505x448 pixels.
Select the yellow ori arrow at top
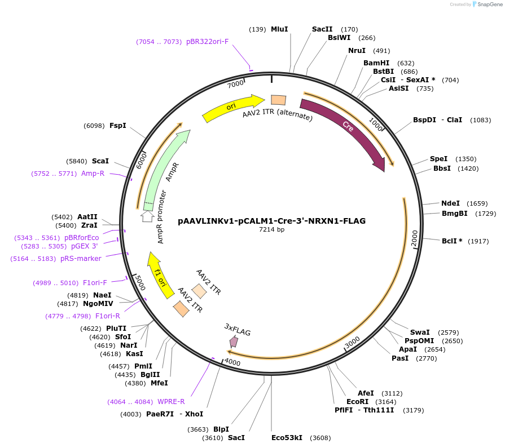(231, 108)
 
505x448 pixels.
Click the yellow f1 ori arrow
(158, 272)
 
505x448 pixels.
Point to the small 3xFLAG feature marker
(233, 341)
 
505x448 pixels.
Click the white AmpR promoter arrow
(147, 215)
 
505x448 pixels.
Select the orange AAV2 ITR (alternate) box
(278, 100)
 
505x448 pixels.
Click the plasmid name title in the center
(271, 221)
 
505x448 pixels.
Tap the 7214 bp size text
(271, 230)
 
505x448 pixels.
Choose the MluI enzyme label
(279, 29)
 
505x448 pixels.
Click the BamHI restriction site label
(376, 63)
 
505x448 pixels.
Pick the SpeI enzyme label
(438, 159)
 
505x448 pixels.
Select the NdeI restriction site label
(450, 203)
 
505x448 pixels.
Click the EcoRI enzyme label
(357, 401)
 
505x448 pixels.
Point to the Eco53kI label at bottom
(287, 437)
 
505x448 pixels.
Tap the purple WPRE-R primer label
(171, 401)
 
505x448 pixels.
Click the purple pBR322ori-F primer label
(207, 42)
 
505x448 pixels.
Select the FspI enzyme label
(117, 125)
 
